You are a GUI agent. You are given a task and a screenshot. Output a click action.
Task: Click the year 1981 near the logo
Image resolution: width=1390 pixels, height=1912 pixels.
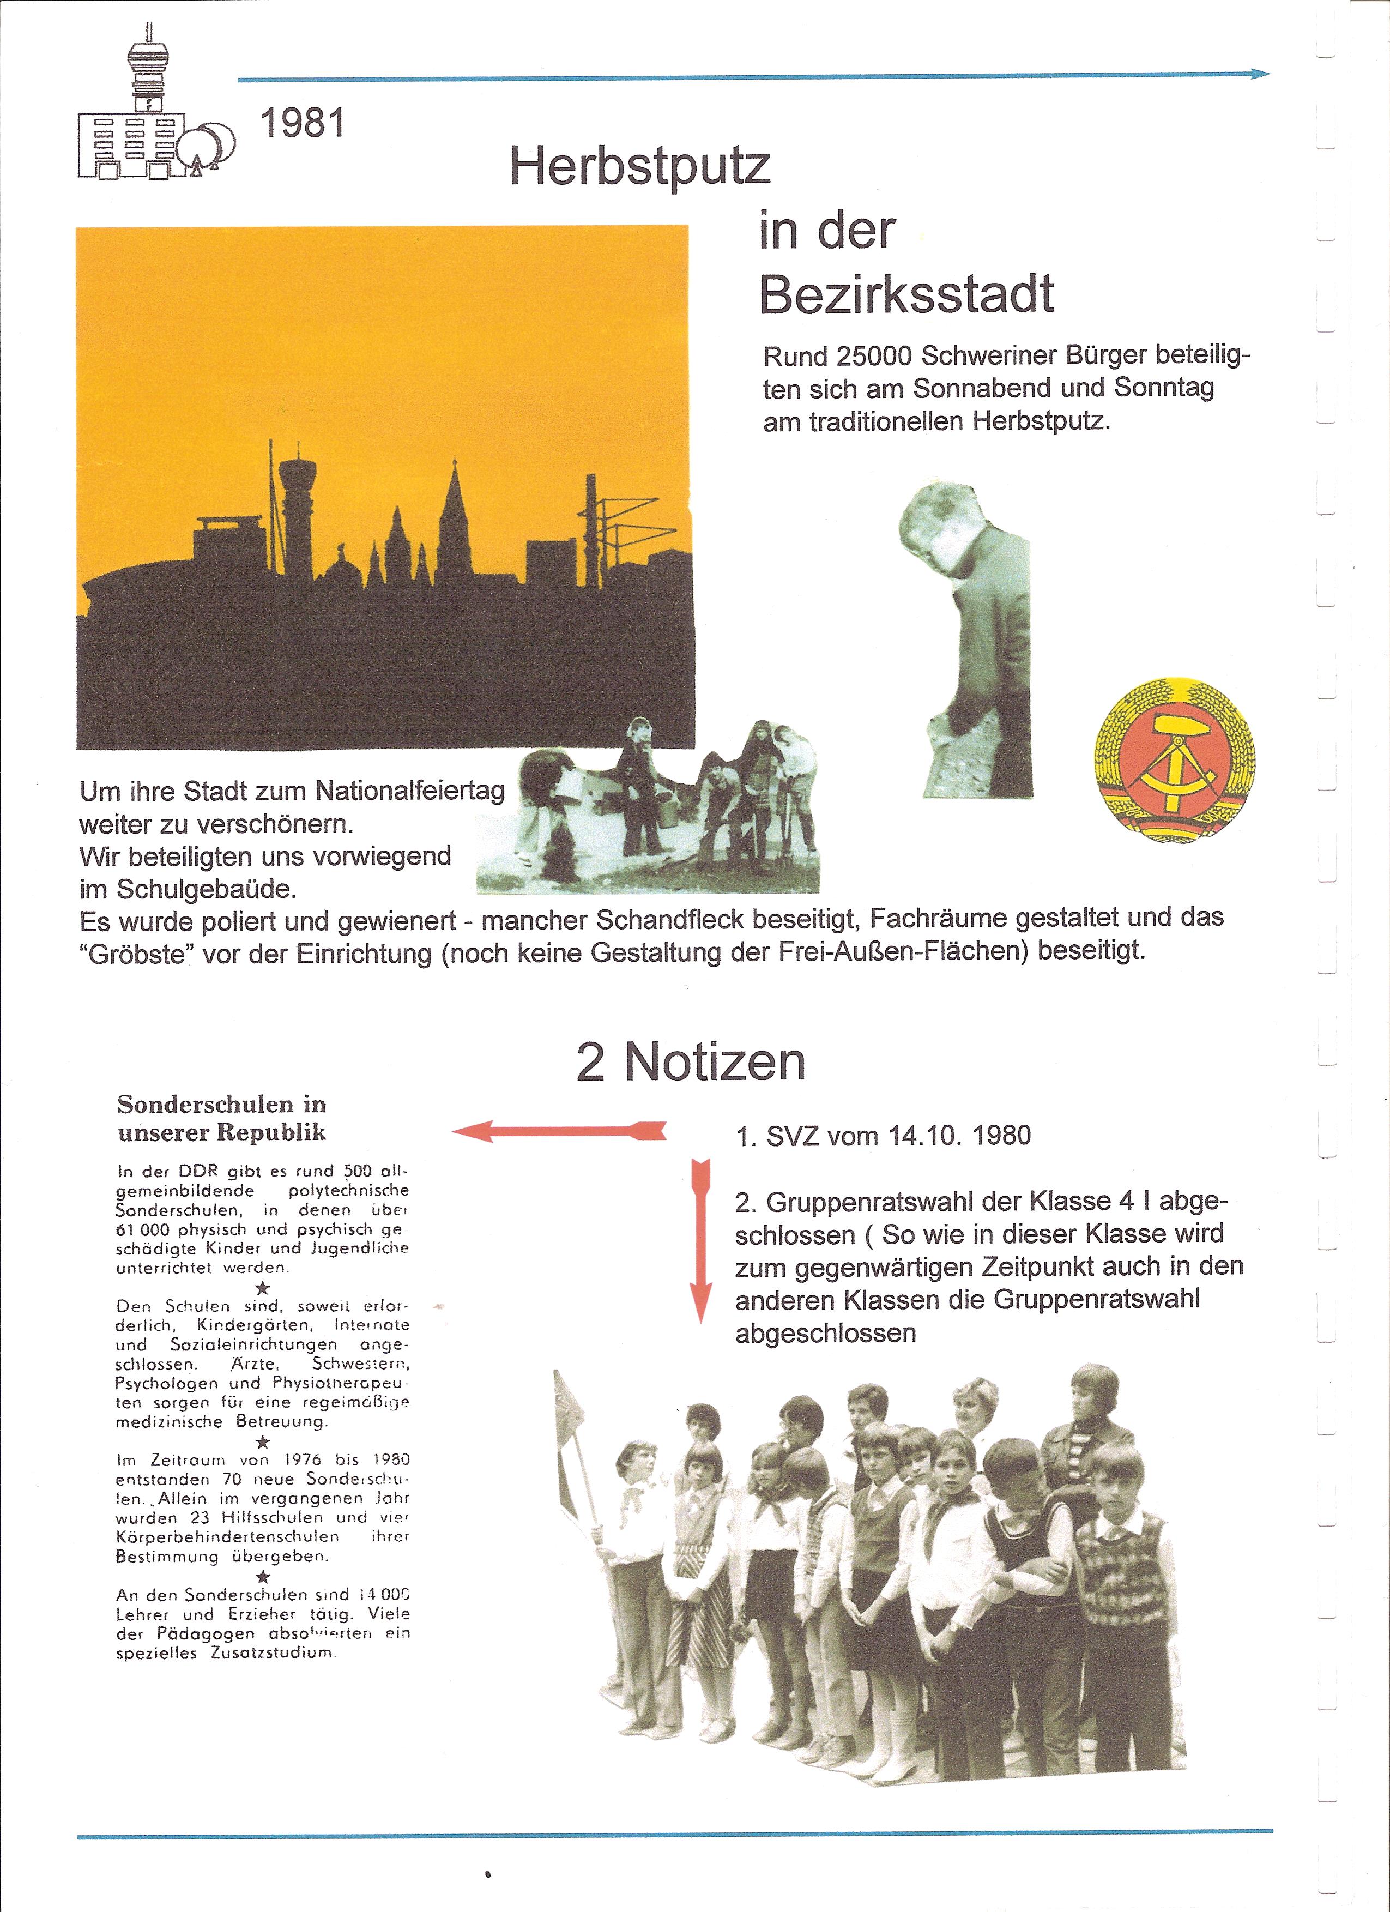pyautogui.click(x=303, y=123)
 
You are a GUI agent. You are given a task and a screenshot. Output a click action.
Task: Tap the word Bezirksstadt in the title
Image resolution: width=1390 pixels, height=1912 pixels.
pyautogui.click(x=906, y=294)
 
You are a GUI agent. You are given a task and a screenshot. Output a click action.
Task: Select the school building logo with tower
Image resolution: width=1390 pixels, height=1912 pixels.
pyautogui.click(x=152, y=110)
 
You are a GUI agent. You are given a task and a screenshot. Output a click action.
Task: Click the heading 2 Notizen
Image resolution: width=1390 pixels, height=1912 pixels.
pyautogui.click(x=690, y=1062)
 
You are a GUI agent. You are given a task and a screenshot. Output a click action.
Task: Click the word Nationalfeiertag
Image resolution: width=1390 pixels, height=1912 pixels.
pyautogui.click(x=410, y=791)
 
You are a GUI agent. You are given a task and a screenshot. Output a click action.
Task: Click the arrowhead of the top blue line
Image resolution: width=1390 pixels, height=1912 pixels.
pyautogui.click(x=1261, y=74)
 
